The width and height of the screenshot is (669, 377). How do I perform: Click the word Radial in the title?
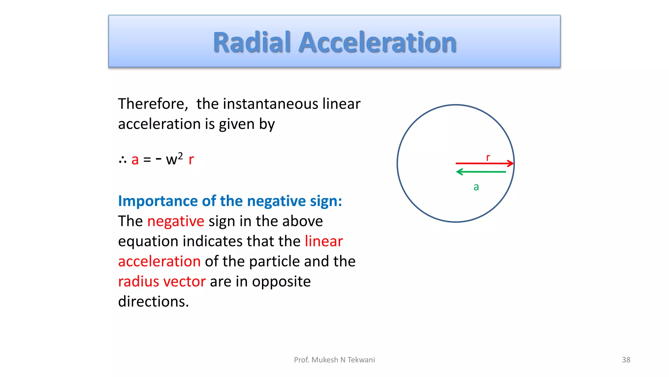pos(252,43)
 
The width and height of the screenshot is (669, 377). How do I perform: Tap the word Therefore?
pos(153,104)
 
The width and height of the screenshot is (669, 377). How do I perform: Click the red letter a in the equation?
pos(135,160)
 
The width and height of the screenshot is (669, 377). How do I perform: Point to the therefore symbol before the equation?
pos(123,160)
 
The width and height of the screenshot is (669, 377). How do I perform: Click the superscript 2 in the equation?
pos(180,155)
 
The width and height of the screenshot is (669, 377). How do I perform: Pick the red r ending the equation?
pos(191,160)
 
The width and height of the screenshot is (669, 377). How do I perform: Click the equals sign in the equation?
pos(147,160)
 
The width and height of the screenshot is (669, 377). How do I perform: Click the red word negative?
pos(176,221)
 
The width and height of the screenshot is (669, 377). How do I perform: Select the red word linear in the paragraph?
pos(324,242)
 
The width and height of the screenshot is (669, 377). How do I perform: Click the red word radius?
pos(139,281)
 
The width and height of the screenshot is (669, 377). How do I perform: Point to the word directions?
pos(153,302)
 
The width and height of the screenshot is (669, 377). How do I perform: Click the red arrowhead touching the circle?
pos(511,163)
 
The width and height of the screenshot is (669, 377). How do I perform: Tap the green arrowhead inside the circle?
pos(459,172)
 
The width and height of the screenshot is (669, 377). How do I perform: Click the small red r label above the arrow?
pos(488,158)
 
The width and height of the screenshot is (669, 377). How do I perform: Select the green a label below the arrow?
pos(476,187)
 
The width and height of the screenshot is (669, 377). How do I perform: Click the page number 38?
pos(626,360)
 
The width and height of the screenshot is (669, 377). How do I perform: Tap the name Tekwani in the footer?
pos(361,360)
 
